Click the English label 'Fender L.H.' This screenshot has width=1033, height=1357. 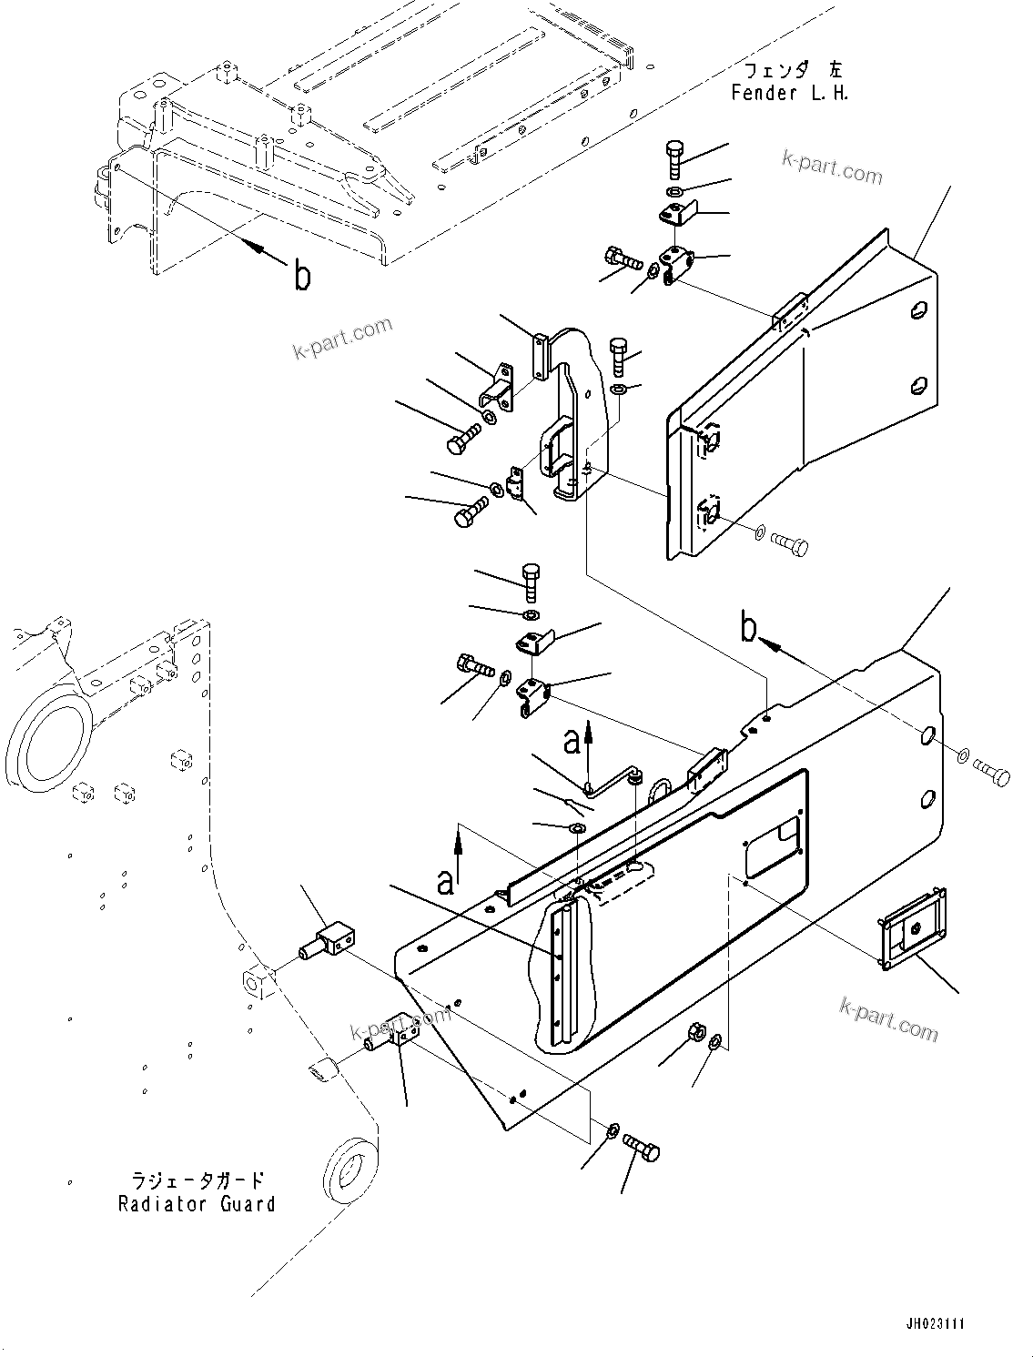tap(789, 93)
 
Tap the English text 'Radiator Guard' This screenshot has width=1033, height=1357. tap(197, 1204)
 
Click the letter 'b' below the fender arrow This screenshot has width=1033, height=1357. tap(302, 276)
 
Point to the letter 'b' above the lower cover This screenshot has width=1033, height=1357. tap(748, 628)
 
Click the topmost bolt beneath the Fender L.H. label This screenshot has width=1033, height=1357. tap(674, 160)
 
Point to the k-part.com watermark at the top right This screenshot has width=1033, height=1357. tap(832, 167)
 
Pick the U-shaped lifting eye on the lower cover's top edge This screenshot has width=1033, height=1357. tap(657, 787)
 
